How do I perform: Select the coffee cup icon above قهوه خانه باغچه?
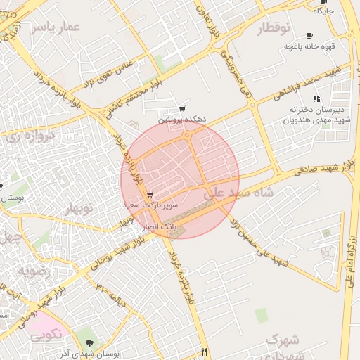310,35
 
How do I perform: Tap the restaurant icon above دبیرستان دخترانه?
316,98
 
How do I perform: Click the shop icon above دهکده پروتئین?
182,109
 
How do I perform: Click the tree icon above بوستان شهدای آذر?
89,342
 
